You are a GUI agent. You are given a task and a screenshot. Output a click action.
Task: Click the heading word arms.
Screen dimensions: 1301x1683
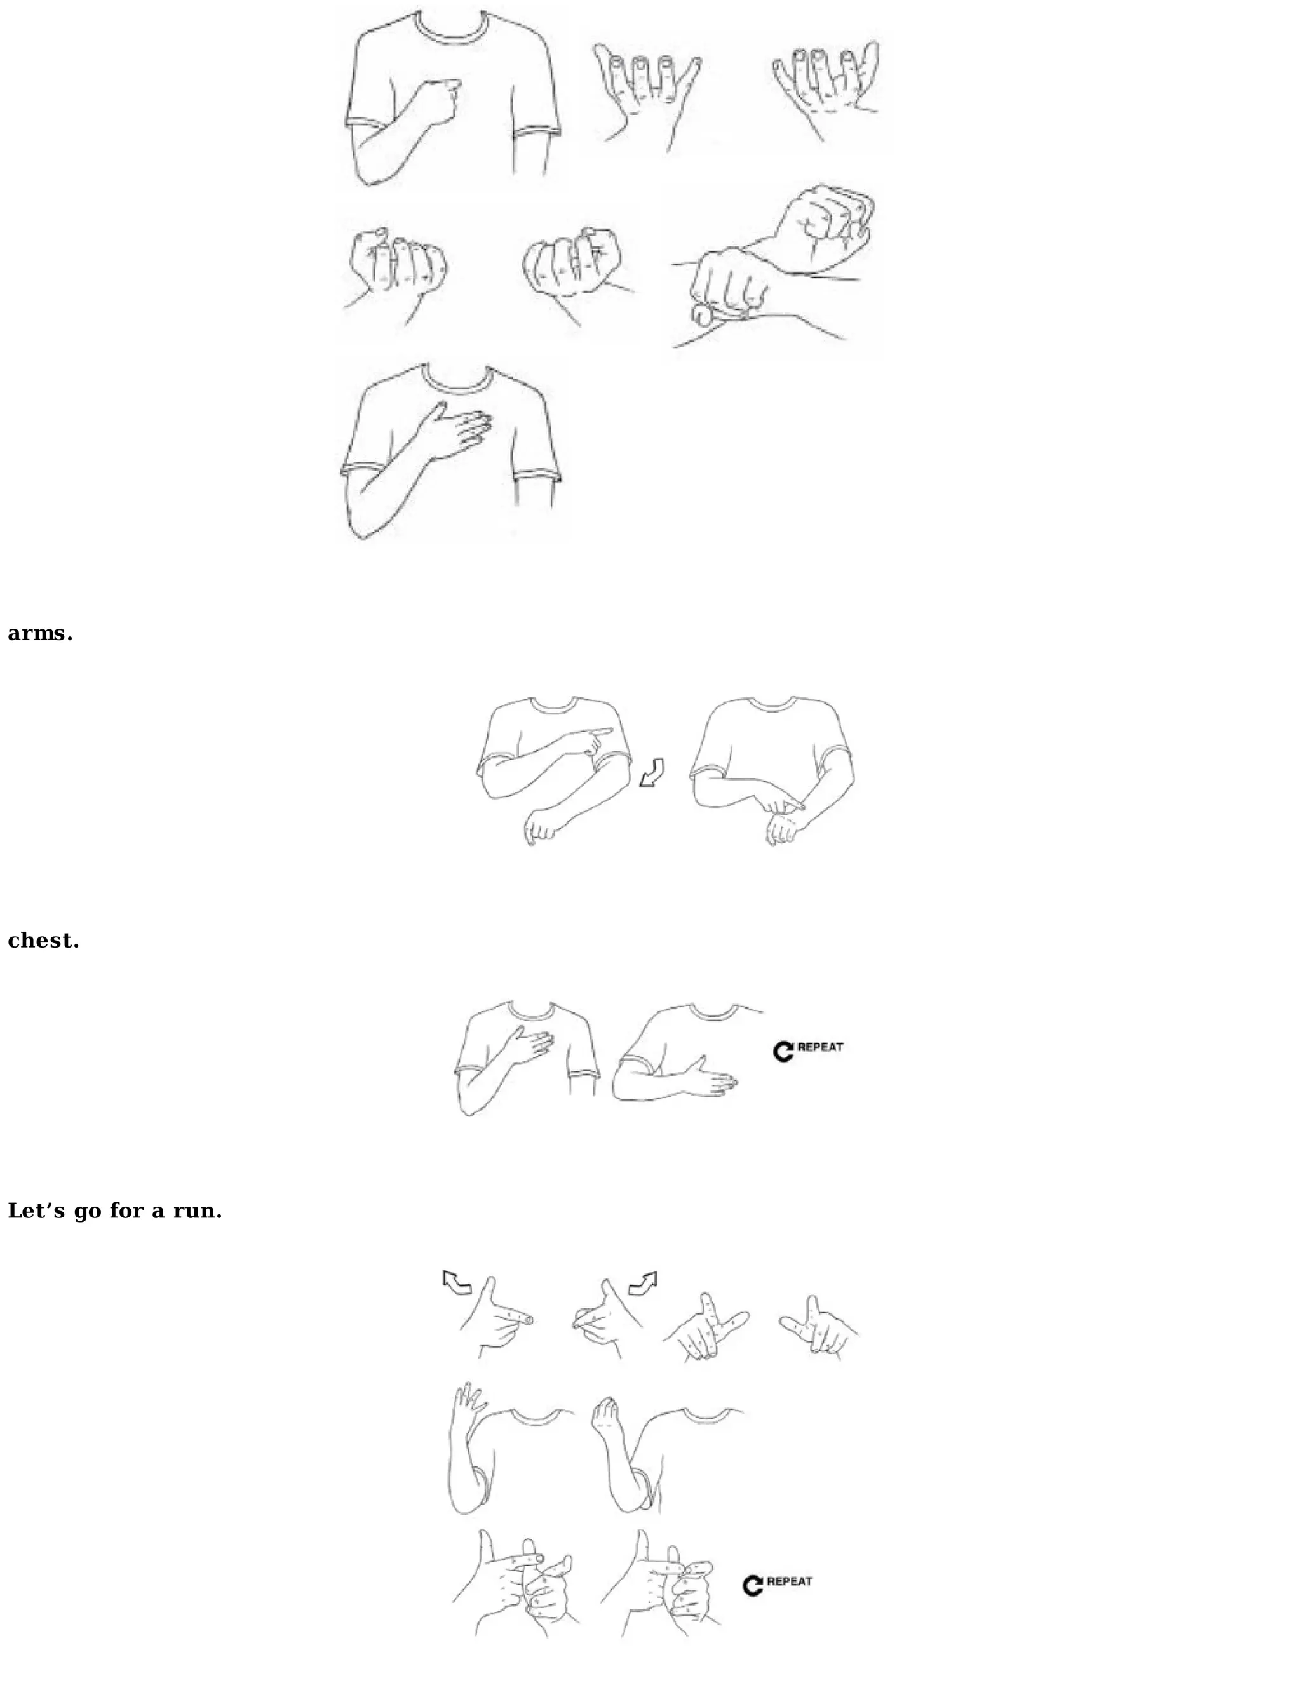click(40, 633)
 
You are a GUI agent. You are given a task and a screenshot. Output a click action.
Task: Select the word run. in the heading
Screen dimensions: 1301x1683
click(198, 1211)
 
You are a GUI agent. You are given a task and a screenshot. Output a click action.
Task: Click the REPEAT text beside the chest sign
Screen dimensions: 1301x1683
click(820, 1047)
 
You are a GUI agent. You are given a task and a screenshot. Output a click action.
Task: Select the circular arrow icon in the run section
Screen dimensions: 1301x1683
click(752, 1585)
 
